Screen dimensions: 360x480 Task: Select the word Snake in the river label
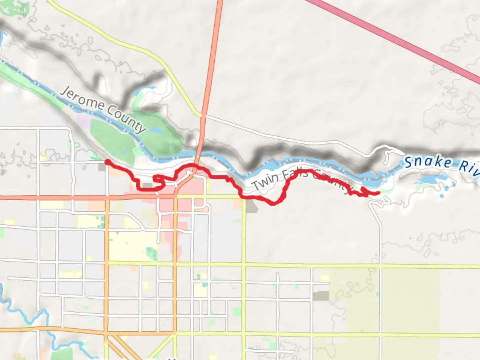click(x=428, y=162)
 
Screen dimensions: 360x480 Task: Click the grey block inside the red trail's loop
click(x=147, y=185)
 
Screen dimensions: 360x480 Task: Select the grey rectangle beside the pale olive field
click(x=321, y=296)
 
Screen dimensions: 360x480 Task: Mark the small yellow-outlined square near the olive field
click(x=324, y=278)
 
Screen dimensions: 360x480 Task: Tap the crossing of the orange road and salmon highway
click(x=107, y=197)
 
